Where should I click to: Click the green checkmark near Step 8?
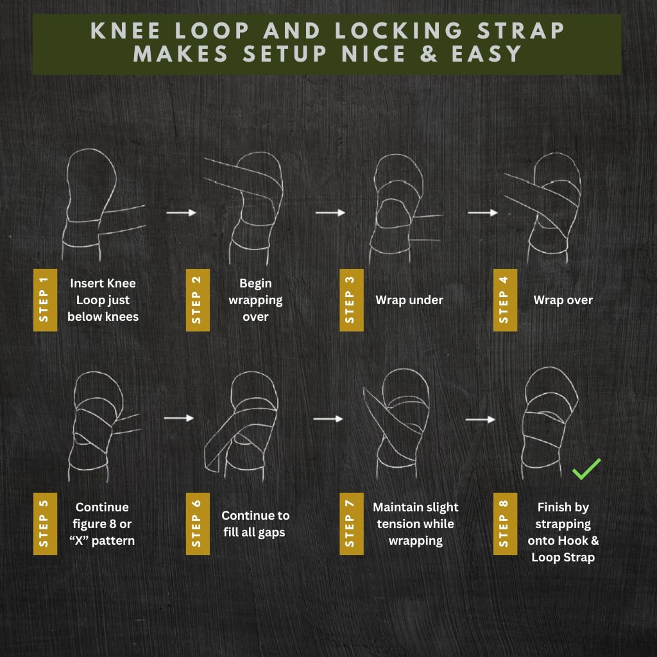(586, 469)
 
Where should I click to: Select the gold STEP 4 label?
(505, 300)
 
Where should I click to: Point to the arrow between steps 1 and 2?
(181, 212)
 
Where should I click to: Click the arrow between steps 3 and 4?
(482, 212)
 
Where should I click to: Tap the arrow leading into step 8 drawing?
(481, 420)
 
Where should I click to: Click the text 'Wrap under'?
(409, 300)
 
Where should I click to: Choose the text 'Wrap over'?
(563, 300)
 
